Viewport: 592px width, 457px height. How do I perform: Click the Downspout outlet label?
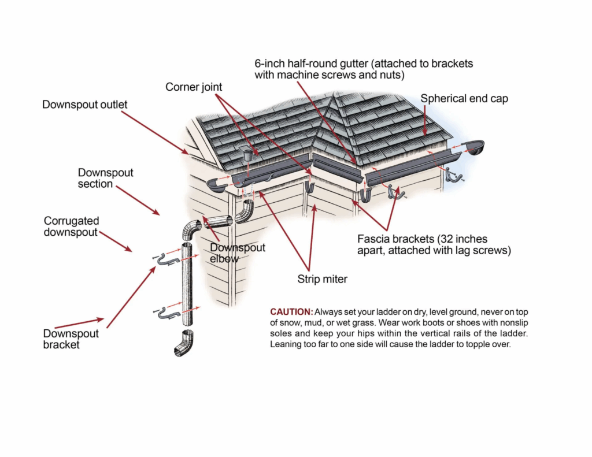(x=85, y=105)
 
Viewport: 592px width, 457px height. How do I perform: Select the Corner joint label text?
(x=194, y=87)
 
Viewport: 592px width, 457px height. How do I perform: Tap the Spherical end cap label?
(x=464, y=98)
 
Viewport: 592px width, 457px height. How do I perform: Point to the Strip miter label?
(x=322, y=279)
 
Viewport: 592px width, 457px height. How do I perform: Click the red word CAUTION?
(x=291, y=311)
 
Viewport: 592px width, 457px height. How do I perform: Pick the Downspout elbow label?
(x=238, y=253)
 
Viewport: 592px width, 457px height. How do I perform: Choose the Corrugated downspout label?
(x=72, y=226)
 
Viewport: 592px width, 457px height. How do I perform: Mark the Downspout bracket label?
(x=71, y=339)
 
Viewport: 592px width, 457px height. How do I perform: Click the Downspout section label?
(x=106, y=178)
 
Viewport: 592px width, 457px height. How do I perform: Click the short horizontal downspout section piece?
(x=219, y=221)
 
